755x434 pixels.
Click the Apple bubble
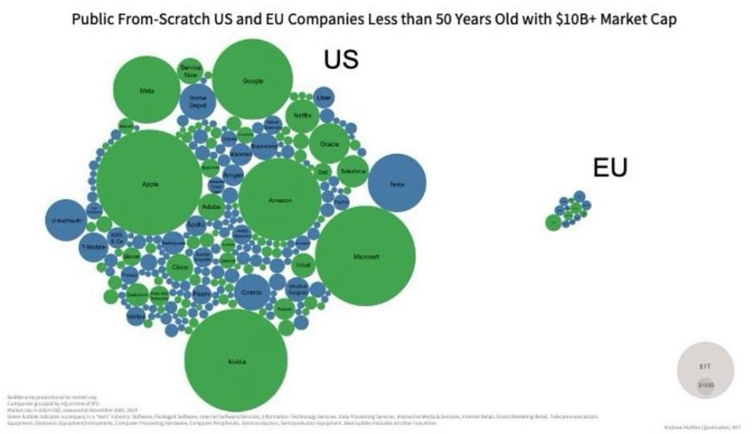149,182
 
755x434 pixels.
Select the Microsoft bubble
365,256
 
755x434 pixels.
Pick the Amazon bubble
279,200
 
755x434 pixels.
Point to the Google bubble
253,80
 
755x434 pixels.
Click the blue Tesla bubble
396,184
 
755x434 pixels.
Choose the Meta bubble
146,90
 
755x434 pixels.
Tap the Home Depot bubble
198,101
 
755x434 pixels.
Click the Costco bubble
252,292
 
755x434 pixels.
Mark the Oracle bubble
329,144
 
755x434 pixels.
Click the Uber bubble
324,97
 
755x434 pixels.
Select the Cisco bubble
179,267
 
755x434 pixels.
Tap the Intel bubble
304,264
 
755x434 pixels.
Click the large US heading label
341,60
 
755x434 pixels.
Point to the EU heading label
610,168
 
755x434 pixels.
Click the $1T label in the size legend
705,367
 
